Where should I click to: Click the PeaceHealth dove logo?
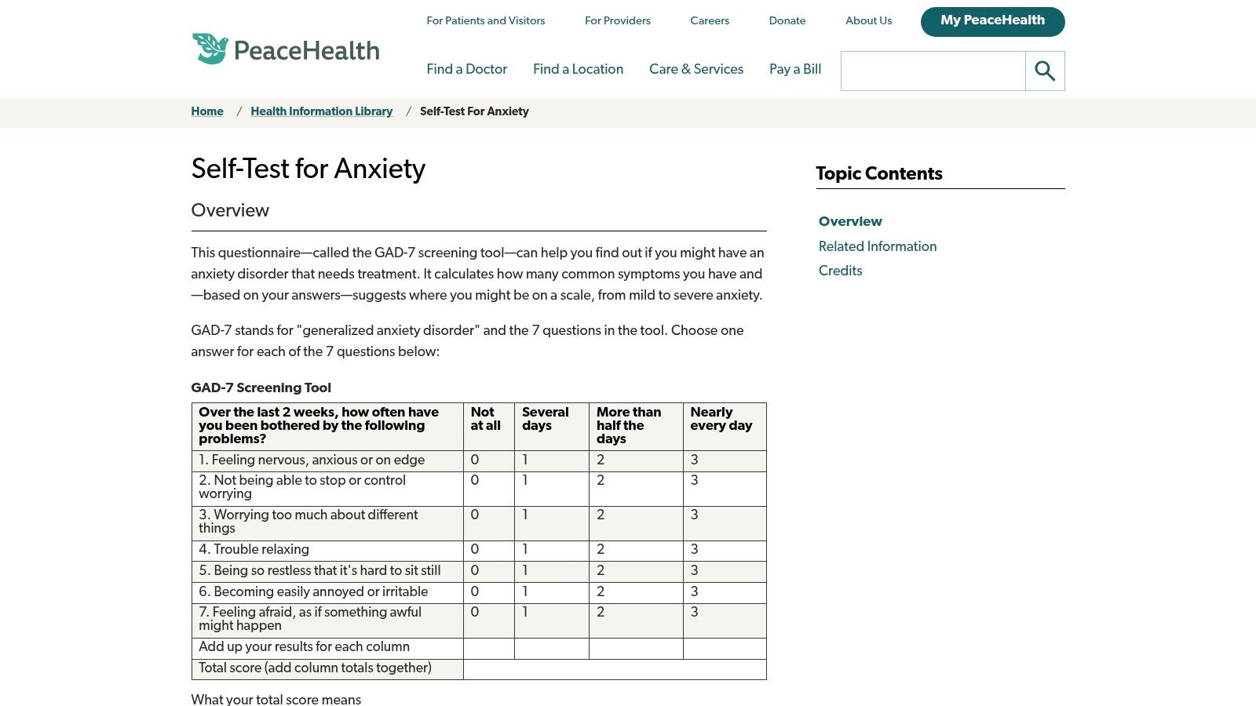(x=210, y=49)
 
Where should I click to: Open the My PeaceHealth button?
(x=992, y=21)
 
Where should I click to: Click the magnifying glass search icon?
(x=1045, y=71)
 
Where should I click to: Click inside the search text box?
(x=933, y=71)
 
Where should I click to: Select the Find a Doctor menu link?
(x=466, y=69)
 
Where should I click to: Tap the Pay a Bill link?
(x=794, y=69)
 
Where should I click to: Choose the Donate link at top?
(x=787, y=21)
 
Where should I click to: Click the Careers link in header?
(x=709, y=21)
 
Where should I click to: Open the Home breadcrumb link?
(x=207, y=111)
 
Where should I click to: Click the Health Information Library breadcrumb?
(x=321, y=111)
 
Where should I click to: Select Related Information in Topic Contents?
(x=877, y=246)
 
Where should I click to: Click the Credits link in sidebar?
(x=840, y=271)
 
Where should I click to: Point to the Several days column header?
(x=545, y=419)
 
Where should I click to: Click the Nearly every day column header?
(x=721, y=419)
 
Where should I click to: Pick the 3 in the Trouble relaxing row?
(x=694, y=550)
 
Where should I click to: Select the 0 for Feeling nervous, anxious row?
(x=474, y=460)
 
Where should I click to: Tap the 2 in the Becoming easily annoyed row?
(x=601, y=592)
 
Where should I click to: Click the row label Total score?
(x=315, y=668)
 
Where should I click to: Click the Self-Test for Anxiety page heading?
(x=308, y=169)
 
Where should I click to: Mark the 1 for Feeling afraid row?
(x=525, y=613)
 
